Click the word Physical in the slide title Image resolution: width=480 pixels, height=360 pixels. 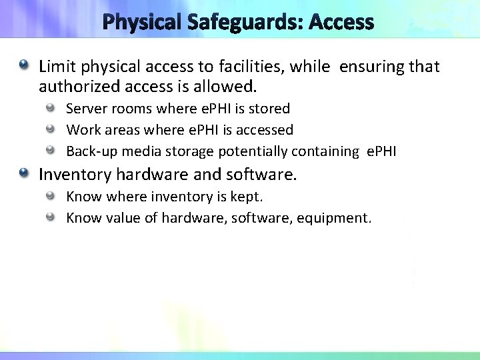tap(139, 23)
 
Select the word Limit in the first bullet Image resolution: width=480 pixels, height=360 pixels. tap(54, 66)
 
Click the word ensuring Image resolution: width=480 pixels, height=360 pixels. tap(372, 67)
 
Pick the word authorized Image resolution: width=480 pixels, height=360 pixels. tap(75, 87)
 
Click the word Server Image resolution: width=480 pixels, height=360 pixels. tap(85, 108)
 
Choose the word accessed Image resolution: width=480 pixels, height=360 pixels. tap(264, 129)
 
